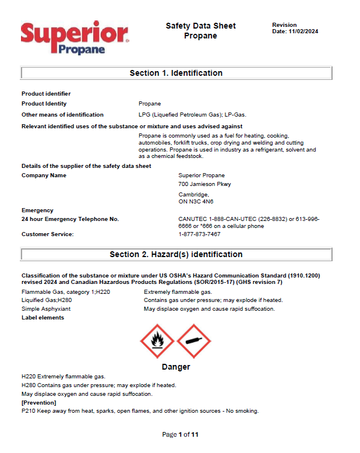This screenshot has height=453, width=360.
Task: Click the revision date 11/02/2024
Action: pyautogui.click(x=303, y=31)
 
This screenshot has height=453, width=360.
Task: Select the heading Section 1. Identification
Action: pyautogui.click(x=176, y=73)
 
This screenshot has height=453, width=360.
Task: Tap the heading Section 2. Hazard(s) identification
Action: pyautogui.click(x=176, y=254)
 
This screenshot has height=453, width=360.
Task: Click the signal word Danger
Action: pyautogui.click(x=175, y=367)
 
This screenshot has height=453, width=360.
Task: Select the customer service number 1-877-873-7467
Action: pyautogui.click(x=199, y=234)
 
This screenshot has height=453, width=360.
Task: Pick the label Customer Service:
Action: pyautogui.click(x=48, y=234)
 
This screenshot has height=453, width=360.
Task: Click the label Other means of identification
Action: pyautogui.click(x=62, y=115)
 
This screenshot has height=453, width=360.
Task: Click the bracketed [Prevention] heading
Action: pyautogui.click(x=38, y=402)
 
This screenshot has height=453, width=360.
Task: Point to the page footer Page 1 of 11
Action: pyautogui.click(x=180, y=434)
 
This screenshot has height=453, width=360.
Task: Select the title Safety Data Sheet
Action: pyautogui.click(x=200, y=26)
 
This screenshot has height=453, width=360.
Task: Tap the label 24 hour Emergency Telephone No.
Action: pyautogui.click(x=70, y=219)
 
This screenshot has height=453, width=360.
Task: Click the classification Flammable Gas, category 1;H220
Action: pyautogui.click(x=66, y=292)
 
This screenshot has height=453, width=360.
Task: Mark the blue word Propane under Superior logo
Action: pyautogui.click(x=81, y=50)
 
